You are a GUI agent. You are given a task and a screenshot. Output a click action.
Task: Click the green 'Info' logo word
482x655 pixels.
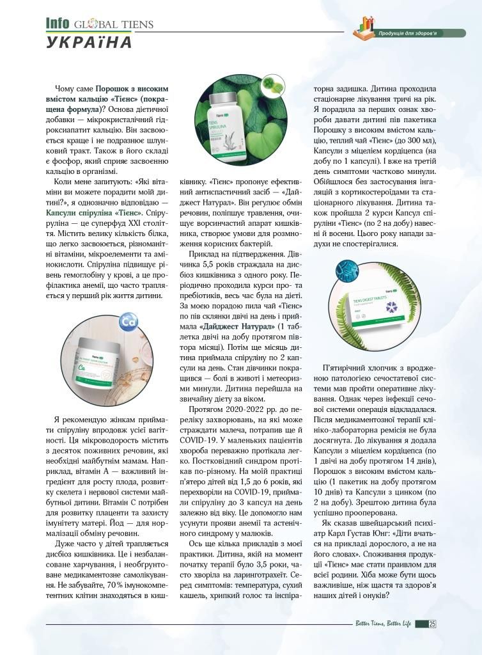[x=57, y=23]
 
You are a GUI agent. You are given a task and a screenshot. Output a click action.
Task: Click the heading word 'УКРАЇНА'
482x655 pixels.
[x=89, y=43]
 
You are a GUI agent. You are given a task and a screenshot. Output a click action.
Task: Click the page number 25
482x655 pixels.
[x=432, y=624]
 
